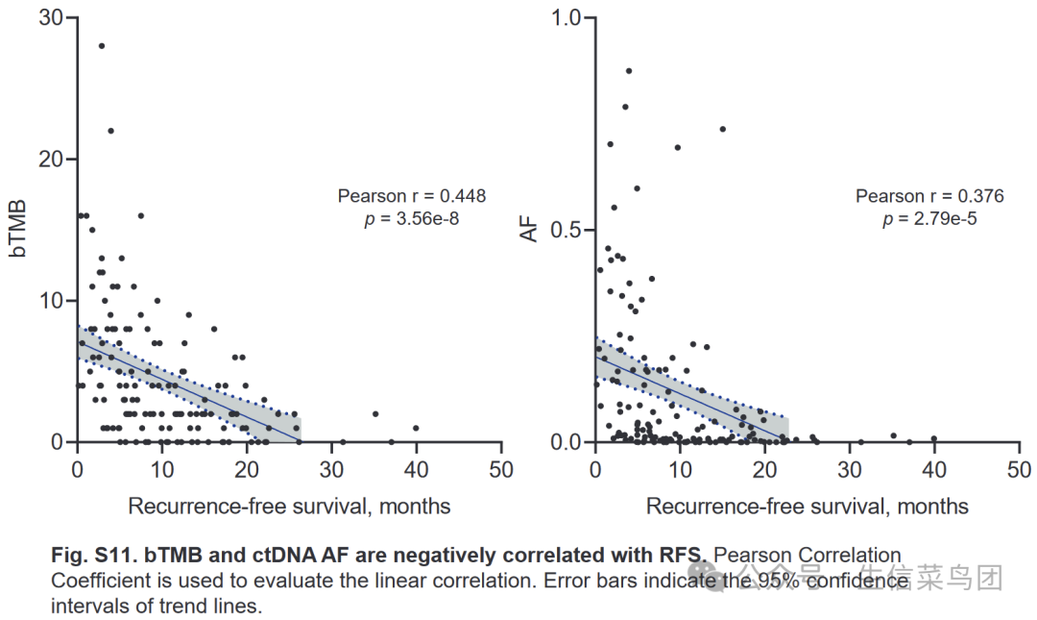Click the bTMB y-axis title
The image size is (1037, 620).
pyautogui.click(x=18, y=229)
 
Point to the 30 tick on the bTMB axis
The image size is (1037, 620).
pyautogui.click(x=51, y=18)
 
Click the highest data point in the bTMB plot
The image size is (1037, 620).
pyautogui.click(x=101, y=45)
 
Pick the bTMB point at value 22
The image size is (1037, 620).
pyautogui.click(x=110, y=131)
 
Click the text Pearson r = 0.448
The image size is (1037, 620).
pyautogui.click(x=411, y=196)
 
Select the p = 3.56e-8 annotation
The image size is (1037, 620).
pyautogui.click(x=411, y=218)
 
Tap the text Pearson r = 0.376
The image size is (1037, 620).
pyautogui.click(x=929, y=196)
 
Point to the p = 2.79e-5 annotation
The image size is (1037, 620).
pyautogui.click(x=929, y=218)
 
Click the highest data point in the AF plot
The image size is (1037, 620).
pyautogui.click(x=629, y=70)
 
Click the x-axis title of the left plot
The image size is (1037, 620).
pyautogui.click(x=289, y=506)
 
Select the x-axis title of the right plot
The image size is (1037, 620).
pyautogui.click(x=808, y=506)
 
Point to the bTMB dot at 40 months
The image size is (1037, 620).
pyautogui.click(x=416, y=428)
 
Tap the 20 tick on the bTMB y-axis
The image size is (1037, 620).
pyautogui.click(x=51, y=160)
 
